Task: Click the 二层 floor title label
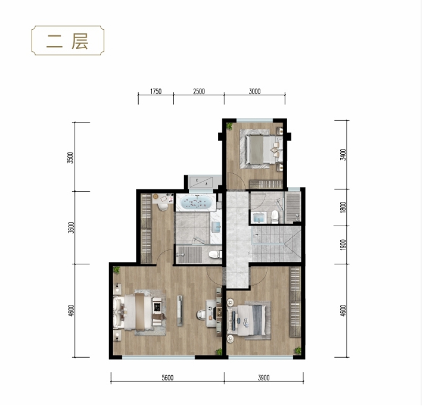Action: tap(67, 41)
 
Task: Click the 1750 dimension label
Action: tap(155, 92)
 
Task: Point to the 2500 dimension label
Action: tap(199, 92)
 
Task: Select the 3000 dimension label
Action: tap(254, 92)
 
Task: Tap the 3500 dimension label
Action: tap(70, 158)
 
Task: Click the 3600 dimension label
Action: tap(71, 227)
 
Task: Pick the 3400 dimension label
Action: tap(343, 154)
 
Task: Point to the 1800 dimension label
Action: tap(343, 207)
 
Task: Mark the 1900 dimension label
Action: tap(343, 245)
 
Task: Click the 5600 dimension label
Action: tap(167, 377)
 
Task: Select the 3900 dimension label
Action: tap(263, 377)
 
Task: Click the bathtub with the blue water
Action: tap(196, 202)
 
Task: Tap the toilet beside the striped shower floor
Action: tap(216, 254)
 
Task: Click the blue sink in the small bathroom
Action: tap(259, 217)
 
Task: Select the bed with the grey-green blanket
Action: tap(261, 149)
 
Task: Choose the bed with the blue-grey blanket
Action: tap(248, 320)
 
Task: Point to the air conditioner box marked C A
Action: tap(201, 182)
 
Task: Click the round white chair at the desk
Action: tap(201, 314)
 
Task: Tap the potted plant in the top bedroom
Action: tap(229, 126)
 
